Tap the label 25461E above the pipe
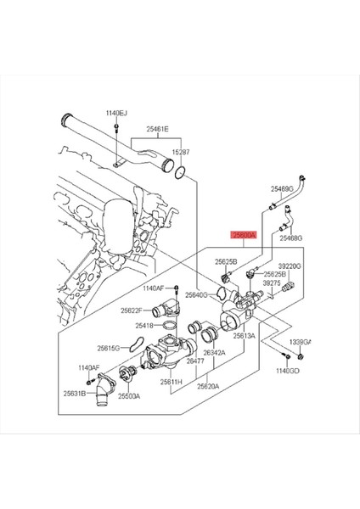tap(156, 129)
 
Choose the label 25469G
tap(282, 188)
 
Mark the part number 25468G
tap(291, 239)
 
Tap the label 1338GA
tap(301, 341)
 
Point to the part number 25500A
tap(129, 395)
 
